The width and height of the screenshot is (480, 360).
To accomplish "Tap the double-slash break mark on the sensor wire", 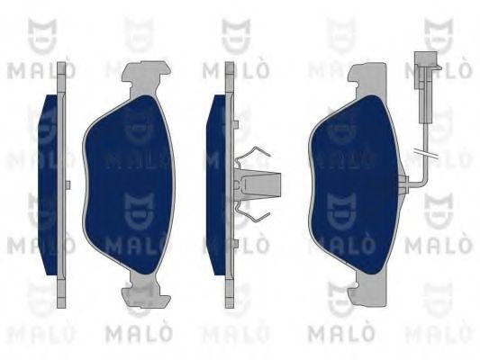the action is [x=425, y=154].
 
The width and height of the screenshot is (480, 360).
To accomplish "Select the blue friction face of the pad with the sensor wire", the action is [x=355, y=184].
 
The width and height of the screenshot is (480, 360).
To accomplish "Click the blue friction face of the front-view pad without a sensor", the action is [x=129, y=184].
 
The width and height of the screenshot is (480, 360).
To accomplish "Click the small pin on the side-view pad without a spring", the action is [x=68, y=184].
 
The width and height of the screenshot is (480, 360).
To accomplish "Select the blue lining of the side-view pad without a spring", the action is [x=49, y=184].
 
